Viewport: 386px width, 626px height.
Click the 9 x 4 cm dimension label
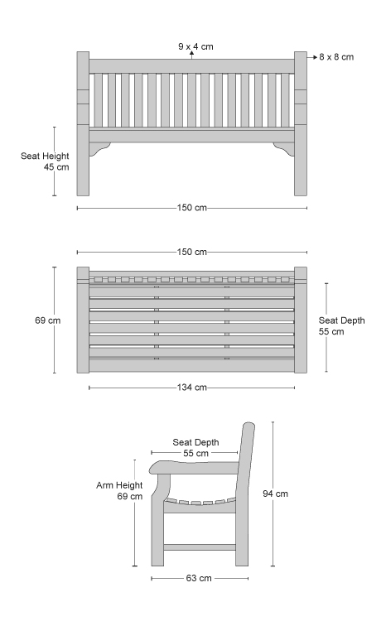coord(195,46)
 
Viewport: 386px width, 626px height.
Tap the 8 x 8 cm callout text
coord(336,57)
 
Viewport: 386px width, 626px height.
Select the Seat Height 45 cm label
coord(45,161)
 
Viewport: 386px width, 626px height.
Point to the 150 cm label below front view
coord(192,208)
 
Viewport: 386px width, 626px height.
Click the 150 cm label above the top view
coord(192,252)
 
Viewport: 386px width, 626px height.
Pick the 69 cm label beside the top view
coord(47,320)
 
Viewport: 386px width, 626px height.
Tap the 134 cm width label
coord(192,388)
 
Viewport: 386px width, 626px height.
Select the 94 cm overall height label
coord(275,494)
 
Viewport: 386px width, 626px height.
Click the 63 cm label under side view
coord(199,578)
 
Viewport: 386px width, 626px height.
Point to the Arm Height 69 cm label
coord(119,491)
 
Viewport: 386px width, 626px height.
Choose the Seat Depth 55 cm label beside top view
coord(342,325)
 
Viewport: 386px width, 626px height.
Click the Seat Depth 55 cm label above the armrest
coord(195,447)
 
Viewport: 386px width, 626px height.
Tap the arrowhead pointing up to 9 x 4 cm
coord(191,53)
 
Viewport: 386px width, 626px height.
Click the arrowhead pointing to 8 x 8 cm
coord(315,57)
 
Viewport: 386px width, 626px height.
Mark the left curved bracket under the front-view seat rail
coord(99,148)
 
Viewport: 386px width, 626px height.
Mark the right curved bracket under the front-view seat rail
coord(284,148)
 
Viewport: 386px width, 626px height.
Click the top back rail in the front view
coord(191,66)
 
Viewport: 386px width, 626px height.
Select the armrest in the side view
coord(194,467)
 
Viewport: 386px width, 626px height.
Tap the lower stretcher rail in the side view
coord(200,547)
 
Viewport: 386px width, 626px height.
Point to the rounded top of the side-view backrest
coord(248,425)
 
